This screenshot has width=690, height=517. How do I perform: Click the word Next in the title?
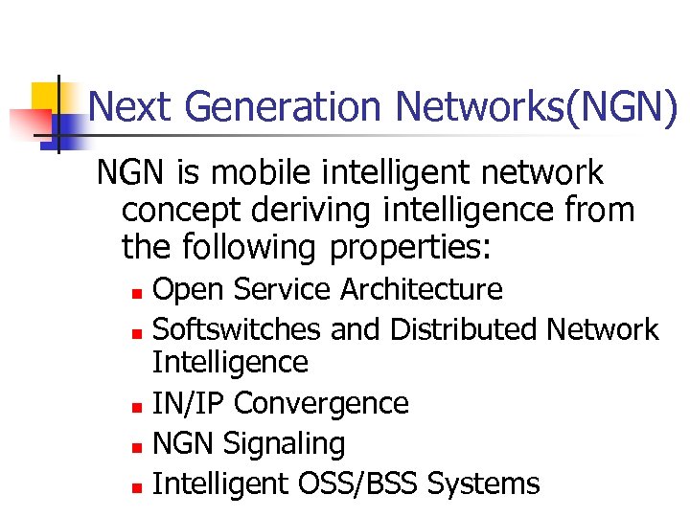point(130,106)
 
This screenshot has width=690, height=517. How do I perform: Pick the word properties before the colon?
point(409,248)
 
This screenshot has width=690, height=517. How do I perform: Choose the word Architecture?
point(421,289)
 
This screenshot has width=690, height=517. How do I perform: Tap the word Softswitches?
point(238,329)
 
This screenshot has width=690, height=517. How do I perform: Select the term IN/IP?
point(189,403)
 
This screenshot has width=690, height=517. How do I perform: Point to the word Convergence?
point(321,403)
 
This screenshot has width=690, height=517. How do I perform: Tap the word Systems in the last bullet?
point(484,484)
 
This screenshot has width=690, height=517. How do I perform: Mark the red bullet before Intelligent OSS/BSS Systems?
point(138,486)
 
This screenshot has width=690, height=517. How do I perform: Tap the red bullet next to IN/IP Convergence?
point(138,405)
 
